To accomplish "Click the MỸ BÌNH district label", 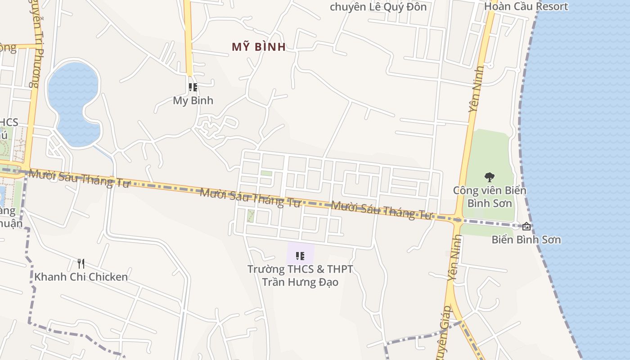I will [x=259, y=47].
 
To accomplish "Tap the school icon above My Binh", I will [x=193, y=87].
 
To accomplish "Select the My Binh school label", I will [x=193, y=100].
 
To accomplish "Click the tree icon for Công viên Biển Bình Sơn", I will [x=490, y=177].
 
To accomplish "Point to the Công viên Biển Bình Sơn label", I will [x=490, y=197].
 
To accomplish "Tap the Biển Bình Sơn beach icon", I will [x=526, y=226].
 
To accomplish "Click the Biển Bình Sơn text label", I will [x=526, y=239].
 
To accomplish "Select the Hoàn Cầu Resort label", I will [x=526, y=6].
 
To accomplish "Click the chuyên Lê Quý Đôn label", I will [x=378, y=6].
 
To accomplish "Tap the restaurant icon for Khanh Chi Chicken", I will [x=81, y=263].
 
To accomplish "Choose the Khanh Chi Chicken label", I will [x=81, y=277].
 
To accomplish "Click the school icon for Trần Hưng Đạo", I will [x=300, y=256].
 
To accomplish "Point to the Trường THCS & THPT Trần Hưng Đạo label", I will [x=300, y=275].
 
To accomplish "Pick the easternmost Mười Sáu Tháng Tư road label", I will [x=381, y=210].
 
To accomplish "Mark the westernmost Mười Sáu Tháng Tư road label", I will [x=79, y=178].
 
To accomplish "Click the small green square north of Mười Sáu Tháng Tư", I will [x=266, y=173].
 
